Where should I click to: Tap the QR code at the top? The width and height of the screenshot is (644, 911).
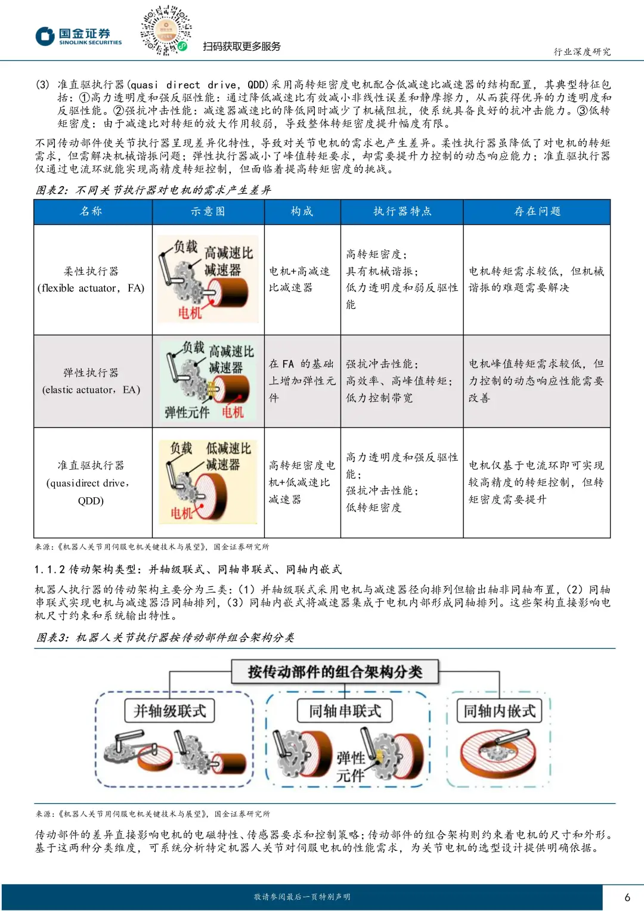166,30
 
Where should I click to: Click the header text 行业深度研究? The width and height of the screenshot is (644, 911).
582,52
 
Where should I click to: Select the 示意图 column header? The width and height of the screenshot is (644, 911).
208,212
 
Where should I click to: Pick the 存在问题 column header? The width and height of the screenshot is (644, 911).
537,212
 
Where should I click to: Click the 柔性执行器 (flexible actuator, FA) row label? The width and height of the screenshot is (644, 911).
91,280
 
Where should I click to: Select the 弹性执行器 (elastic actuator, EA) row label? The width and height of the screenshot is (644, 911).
91,381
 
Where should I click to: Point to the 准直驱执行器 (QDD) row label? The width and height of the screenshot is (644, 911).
91,482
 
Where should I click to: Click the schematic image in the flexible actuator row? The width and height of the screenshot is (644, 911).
208,279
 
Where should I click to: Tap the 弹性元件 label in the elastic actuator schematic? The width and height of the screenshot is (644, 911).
187,412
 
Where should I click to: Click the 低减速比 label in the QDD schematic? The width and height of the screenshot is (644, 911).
228,448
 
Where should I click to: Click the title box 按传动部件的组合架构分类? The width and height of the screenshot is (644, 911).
335,672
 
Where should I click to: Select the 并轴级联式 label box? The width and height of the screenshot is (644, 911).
170,711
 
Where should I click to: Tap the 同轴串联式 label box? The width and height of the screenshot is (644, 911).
345,711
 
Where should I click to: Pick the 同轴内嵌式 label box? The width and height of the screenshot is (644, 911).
500,711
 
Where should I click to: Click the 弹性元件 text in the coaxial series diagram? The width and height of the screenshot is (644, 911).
351,767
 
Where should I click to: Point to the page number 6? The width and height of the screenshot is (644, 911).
627,897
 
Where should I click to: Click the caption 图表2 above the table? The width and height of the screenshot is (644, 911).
153,190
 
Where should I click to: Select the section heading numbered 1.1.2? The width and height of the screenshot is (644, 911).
188,569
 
